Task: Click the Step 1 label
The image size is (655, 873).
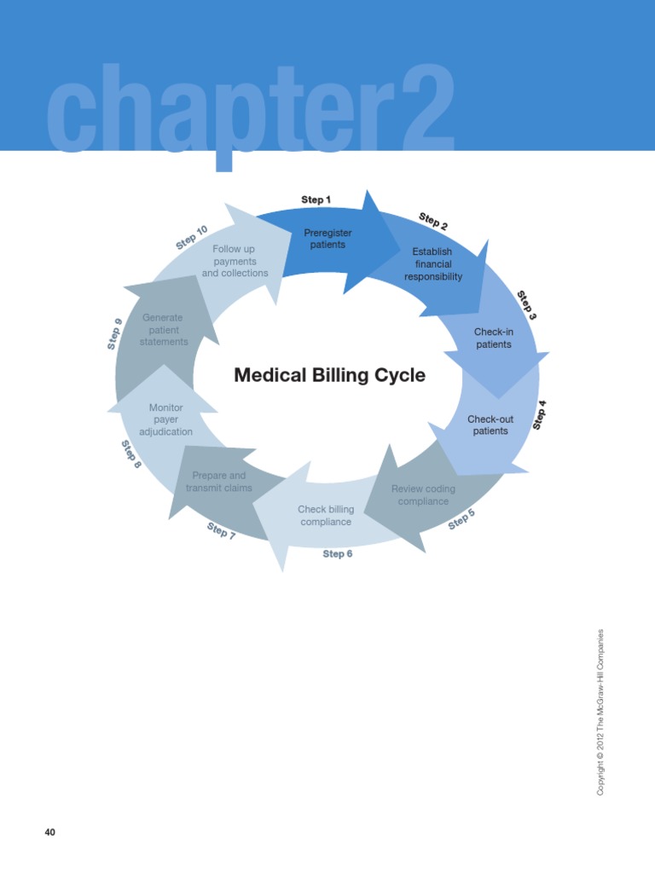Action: point(316,199)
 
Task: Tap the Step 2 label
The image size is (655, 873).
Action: point(432,221)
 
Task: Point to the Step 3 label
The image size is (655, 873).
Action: point(526,305)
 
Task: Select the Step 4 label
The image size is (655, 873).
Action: point(539,415)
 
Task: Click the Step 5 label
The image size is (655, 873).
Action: point(461,519)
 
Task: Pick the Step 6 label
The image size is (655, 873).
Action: point(338,553)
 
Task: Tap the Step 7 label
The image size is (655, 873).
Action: point(221,530)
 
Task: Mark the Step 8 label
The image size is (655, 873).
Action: point(131,454)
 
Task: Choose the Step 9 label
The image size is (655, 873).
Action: point(115,334)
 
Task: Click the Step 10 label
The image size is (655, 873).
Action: point(192,237)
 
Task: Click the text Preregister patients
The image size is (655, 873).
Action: point(327,239)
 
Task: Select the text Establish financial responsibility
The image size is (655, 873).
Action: point(432,264)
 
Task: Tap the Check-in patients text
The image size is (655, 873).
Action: point(494,338)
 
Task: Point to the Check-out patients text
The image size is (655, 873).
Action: point(490,425)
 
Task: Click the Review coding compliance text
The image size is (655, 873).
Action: point(423,495)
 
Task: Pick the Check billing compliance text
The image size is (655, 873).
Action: point(326,516)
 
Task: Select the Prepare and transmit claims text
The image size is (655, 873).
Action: point(219,482)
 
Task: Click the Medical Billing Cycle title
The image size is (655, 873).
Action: point(330,375)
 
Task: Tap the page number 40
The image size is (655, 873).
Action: point(50,832)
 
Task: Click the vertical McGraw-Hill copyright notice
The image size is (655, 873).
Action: point(600,712)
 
